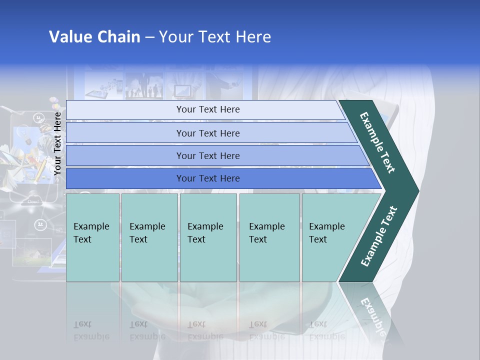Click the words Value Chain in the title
[94, 37]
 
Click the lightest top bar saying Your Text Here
[207, 109]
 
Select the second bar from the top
[207, 133]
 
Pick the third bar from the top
[207, 155]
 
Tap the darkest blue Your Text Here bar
[207, 178]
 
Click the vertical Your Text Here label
[57, 143]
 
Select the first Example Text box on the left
[92, 237]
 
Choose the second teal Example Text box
[149, 237]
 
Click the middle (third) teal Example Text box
[208, 237]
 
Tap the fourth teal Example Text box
[269, 237]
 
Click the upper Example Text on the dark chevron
[377, 142]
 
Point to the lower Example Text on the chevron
[378, 236]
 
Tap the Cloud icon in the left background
[33, 201]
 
